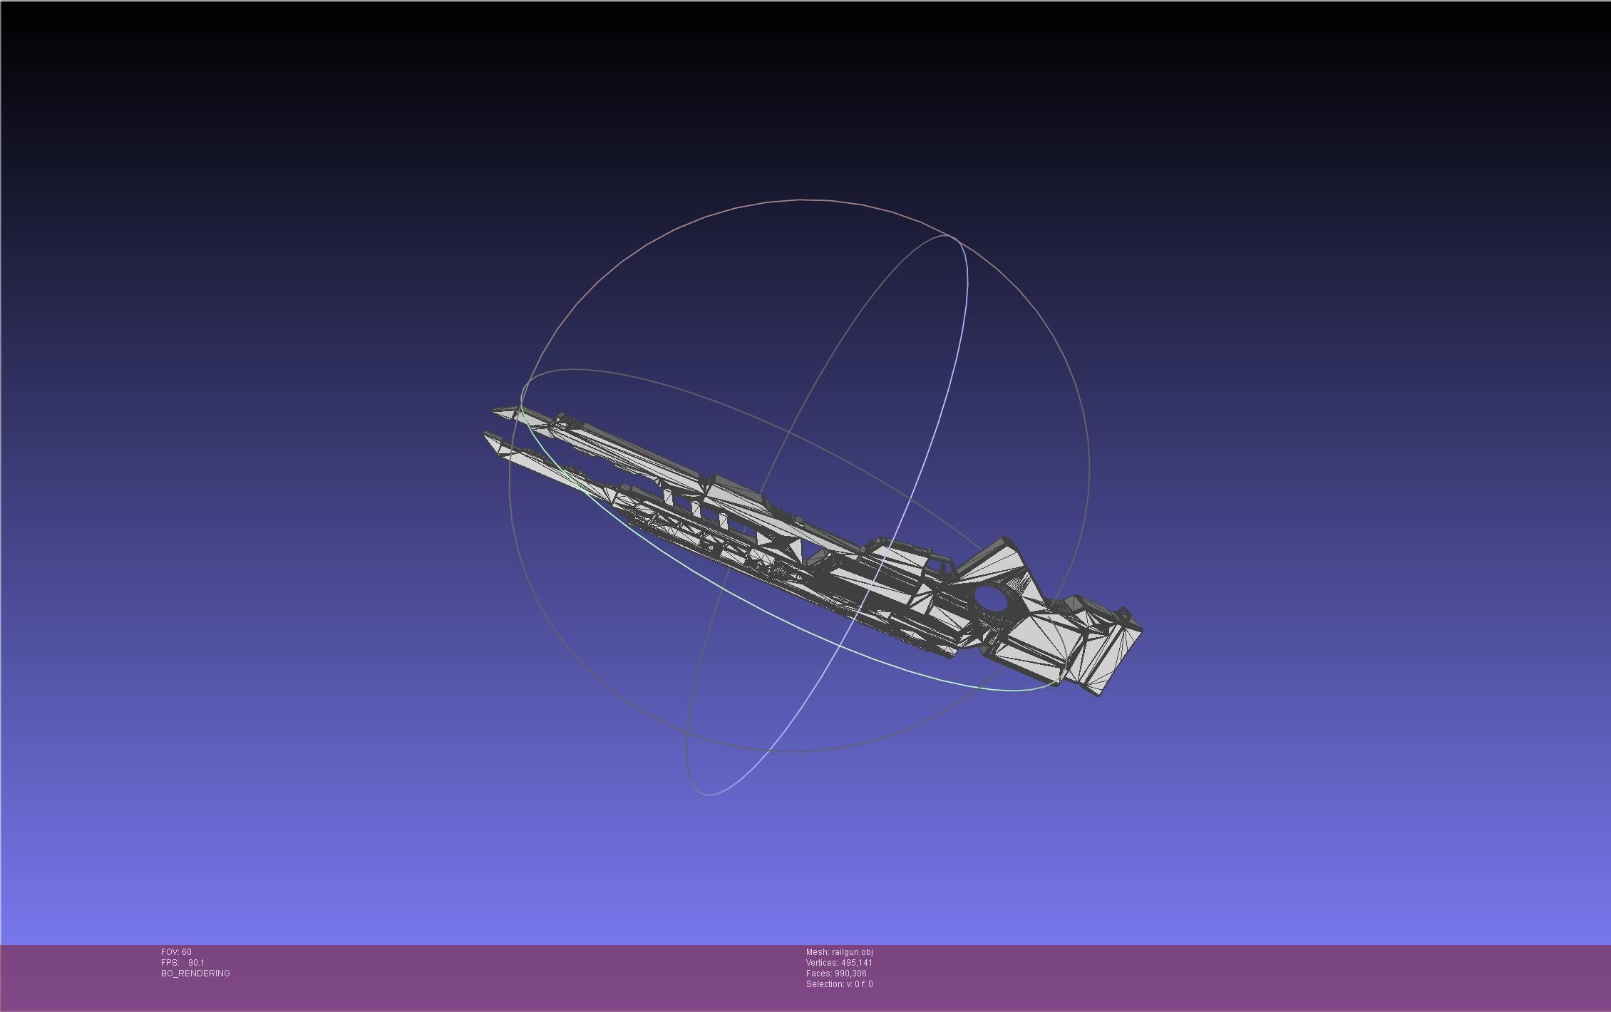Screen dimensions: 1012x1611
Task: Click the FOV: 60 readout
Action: tap(176, 952)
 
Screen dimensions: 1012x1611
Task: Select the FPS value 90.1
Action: tap(196, 963)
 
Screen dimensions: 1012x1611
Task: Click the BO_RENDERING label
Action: tap(195, 974)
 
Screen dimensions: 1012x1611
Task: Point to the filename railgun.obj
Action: tap(852, 952)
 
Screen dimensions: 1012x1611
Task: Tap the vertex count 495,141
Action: tap(856, 963)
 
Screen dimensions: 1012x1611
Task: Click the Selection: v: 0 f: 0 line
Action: tap(839, 984)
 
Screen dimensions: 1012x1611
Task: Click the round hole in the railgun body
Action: tap(990, 599)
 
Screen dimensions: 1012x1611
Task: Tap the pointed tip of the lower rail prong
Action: tap(485, 434)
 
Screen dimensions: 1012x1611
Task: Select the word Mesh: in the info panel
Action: tap(818, 952)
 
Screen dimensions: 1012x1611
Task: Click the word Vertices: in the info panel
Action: tap(823, 963)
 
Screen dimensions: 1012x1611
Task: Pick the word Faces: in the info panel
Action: tap(818, 974)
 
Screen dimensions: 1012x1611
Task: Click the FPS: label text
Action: tap(170, 963)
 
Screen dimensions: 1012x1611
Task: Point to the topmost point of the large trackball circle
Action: tap(800, 200)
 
